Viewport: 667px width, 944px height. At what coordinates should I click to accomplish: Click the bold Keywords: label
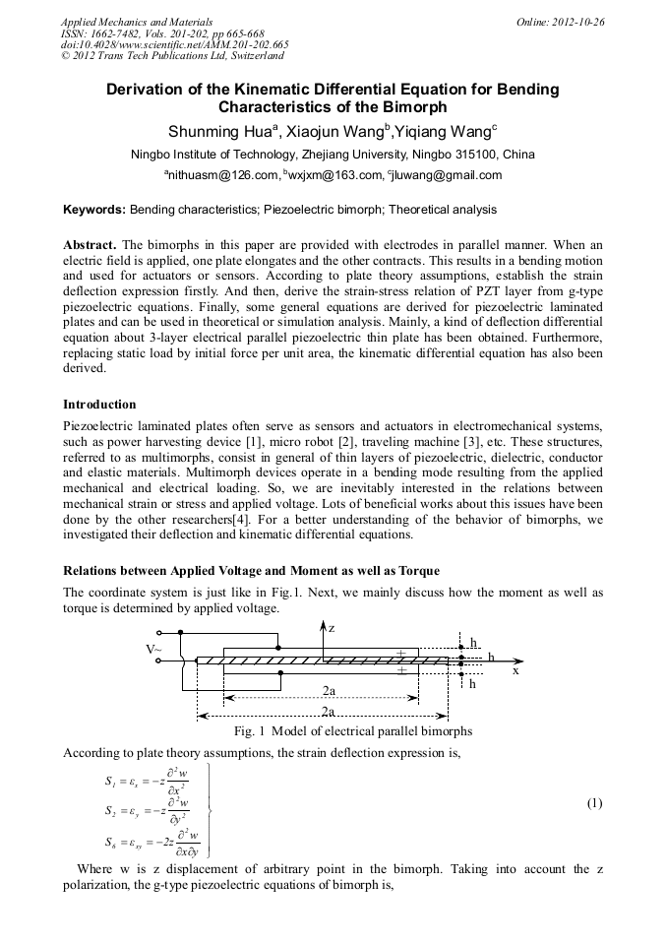94,210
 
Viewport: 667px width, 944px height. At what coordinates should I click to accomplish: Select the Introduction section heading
99,405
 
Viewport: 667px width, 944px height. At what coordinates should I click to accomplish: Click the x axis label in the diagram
515,671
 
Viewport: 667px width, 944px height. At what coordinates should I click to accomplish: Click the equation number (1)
594,802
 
